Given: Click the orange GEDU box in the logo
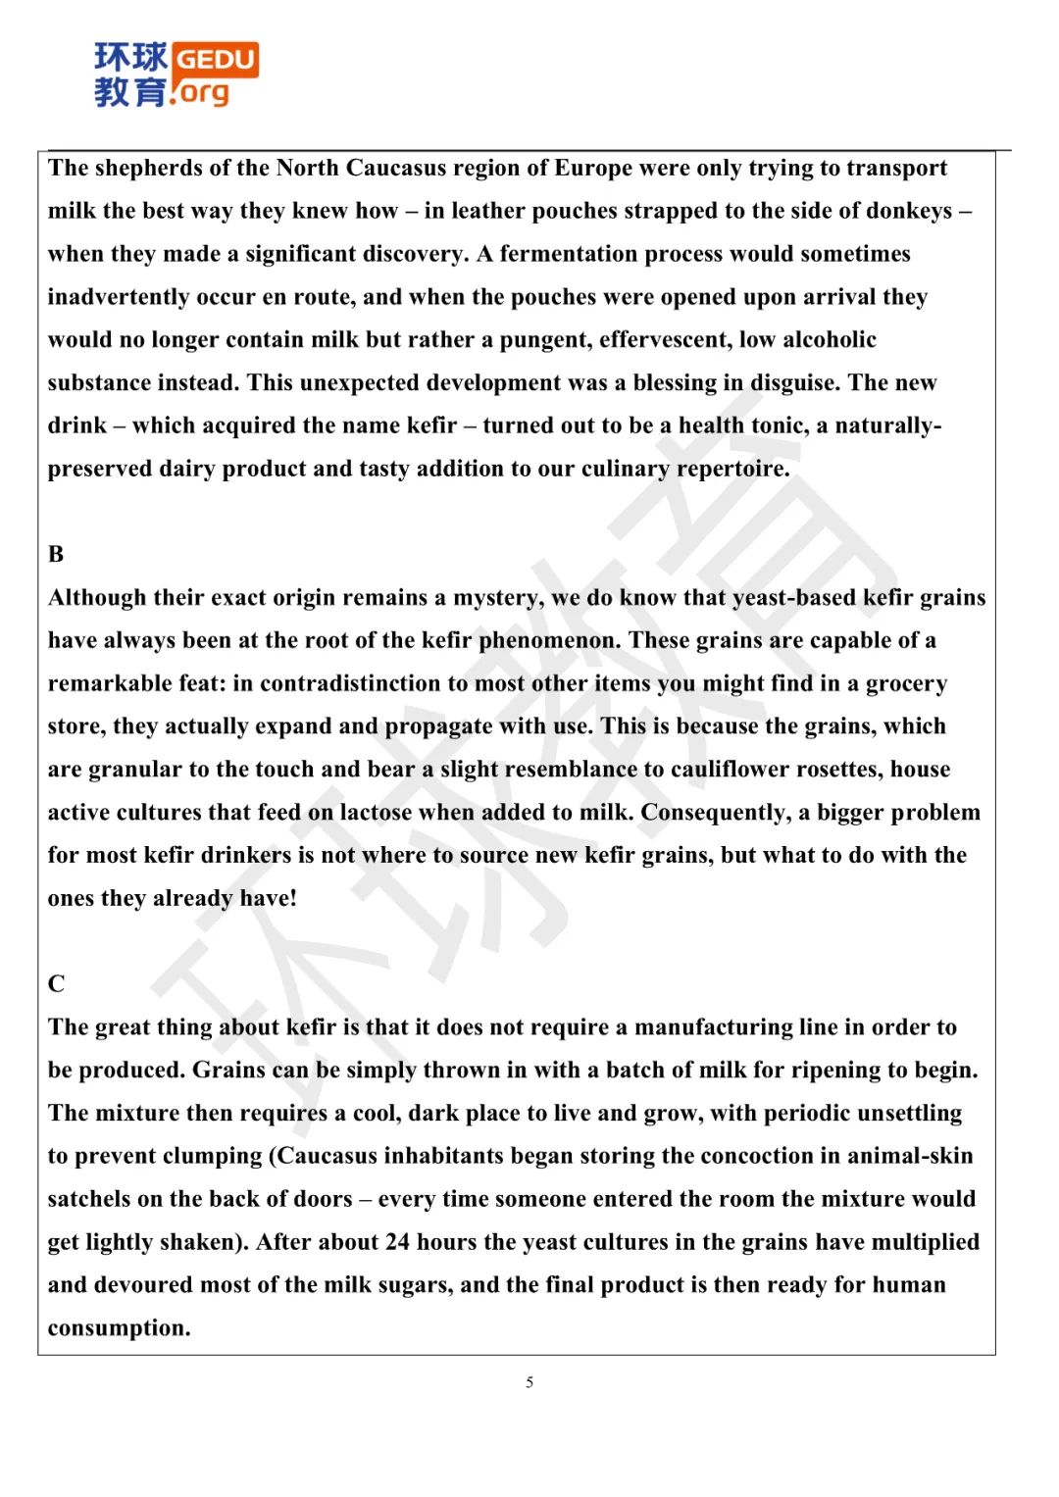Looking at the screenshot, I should tap(216, 59).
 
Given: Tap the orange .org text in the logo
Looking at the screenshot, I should tap(201, 92).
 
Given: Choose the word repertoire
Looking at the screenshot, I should tap(732, 469).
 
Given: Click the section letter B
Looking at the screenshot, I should tap(56, 555).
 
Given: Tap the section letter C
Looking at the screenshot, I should tap(56, 984).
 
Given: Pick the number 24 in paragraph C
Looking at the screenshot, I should tap(397, 1242).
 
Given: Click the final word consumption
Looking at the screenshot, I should tap(119, 1328).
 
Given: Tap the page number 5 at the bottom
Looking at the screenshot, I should tap(529, 1382).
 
